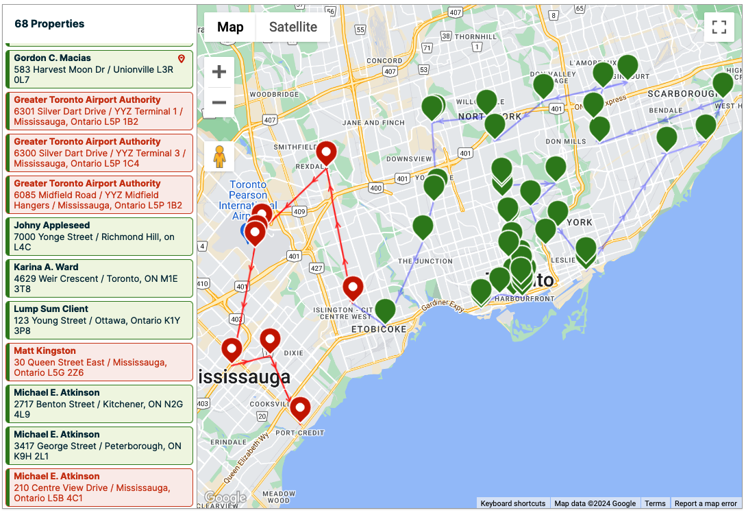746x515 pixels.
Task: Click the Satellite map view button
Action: click(293, 27)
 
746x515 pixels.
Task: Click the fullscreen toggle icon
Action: click(719, 27)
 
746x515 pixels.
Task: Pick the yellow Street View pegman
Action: click(219, 157)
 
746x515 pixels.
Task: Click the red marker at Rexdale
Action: click(326, 152)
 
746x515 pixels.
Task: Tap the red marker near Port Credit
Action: click(300, 408)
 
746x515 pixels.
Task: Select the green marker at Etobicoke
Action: click(385, 310)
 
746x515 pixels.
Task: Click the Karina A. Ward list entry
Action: click(99, 278)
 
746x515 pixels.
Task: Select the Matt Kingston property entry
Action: click(99, 362)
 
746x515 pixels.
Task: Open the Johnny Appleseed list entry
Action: click(99, 237)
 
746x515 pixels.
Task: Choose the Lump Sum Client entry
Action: click(99, 320)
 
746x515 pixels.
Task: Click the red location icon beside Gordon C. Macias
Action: click(182, 59)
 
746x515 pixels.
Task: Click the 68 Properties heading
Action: click(49, 24)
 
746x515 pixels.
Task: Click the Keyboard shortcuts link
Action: click(513, 503)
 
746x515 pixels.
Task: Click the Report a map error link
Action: click(706, 503)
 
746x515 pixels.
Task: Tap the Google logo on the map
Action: click(225, 498)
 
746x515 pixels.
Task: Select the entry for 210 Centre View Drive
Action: click(99, 488)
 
